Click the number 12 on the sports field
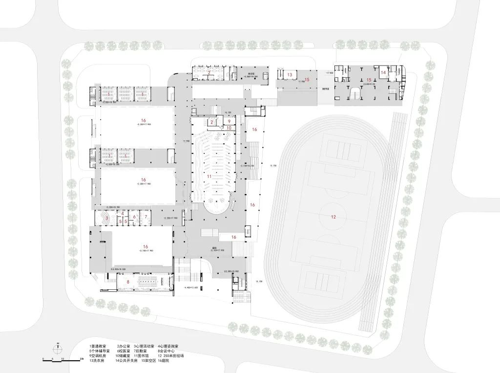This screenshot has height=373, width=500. click(333, 217)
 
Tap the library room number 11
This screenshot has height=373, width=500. click(209, 176)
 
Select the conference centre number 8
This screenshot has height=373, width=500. click(128, 282)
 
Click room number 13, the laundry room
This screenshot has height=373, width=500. click(290, 74)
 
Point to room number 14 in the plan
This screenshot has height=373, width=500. click(383, 72)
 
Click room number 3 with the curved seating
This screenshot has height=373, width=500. click(107, 216)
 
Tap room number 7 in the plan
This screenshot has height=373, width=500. click(146, 216)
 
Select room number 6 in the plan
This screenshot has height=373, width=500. click(134, 217)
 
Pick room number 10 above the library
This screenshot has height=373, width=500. click(229, 128)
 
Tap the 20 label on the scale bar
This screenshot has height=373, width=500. click(82, 359)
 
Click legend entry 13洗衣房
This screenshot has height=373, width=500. click(98, 361)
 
